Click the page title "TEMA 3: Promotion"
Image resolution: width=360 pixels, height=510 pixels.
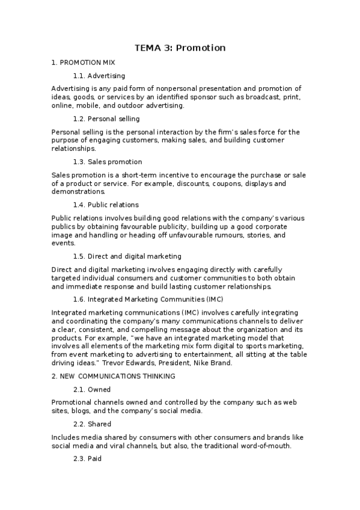180,48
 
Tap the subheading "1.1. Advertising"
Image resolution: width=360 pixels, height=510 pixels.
99,76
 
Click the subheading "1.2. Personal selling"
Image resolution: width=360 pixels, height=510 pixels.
106,118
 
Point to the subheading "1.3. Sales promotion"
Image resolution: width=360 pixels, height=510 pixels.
107,162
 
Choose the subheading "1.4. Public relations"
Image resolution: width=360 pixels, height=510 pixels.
105,204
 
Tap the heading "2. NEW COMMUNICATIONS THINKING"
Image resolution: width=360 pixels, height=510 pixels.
113,376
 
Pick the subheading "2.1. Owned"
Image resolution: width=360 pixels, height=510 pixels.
91,389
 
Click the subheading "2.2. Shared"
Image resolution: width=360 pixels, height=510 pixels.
92,424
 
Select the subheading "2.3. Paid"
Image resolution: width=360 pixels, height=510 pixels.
87,459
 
